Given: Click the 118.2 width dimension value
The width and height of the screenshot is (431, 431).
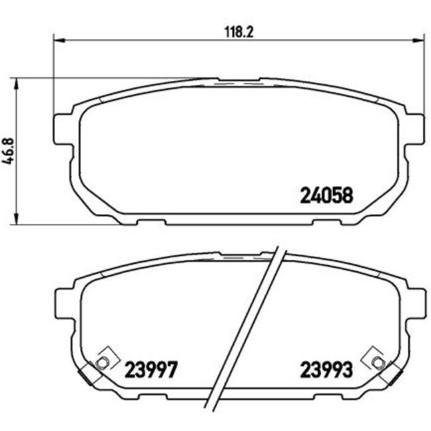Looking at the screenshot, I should click(236, 31).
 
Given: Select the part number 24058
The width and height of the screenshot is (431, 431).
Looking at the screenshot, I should click(328, 195).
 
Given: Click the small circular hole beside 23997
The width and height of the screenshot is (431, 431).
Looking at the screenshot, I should click(103, 362).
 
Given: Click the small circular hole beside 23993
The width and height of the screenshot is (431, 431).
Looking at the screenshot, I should click(377, 362).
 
